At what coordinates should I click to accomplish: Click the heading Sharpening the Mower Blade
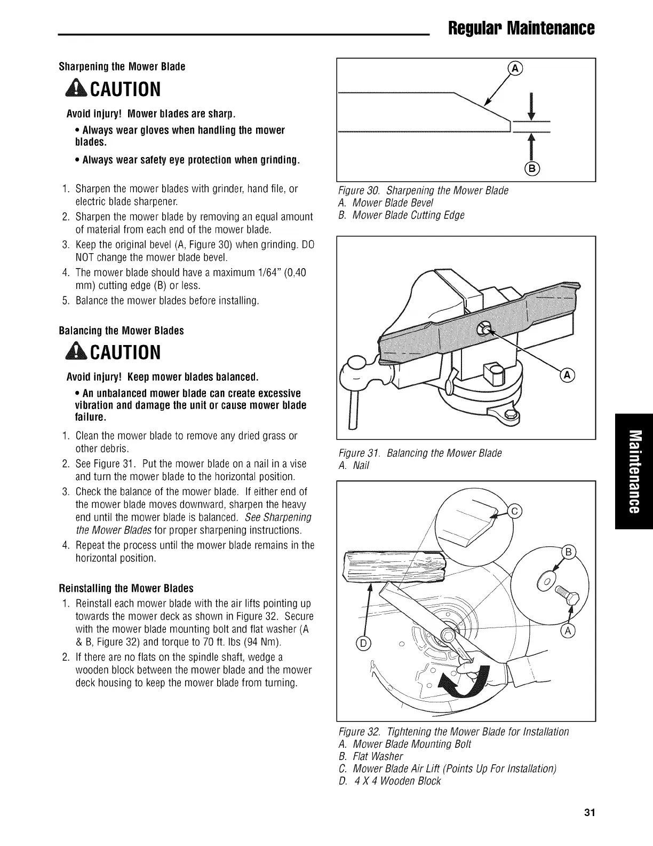pyautogui.click(x=122, y=67)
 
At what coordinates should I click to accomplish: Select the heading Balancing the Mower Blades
pyautogui.click(x=121, y=331)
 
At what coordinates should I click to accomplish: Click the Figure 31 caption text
pyautogui.click(x=420, y=453)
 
